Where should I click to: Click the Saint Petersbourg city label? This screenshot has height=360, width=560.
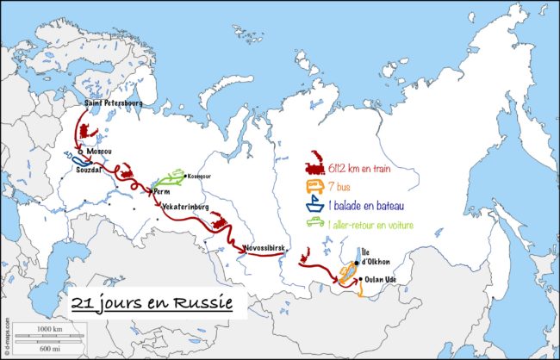[113, 102]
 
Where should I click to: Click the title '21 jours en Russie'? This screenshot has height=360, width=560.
[153, 304]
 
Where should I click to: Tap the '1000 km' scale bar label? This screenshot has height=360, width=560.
[51, 329]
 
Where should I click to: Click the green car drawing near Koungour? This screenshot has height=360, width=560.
[172, 177]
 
